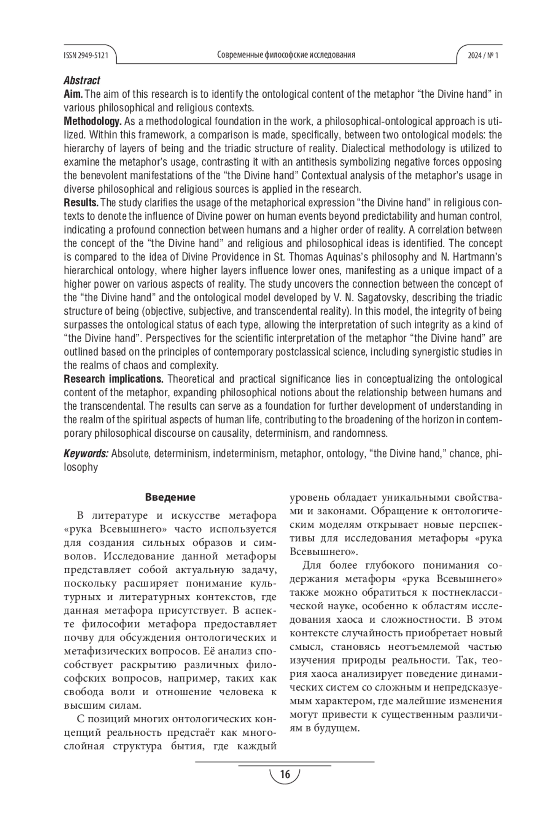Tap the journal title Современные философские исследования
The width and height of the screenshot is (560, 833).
(x=286, y=55)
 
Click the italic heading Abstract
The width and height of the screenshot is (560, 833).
(x=82, y=81)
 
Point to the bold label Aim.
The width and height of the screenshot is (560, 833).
(x=73, y=94)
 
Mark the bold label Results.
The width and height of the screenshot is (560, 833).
(x=81, y=203)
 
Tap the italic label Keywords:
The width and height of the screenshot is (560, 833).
(x=86, y=454)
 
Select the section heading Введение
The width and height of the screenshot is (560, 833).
(x=170, y=497)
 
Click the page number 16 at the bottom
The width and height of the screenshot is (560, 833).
(x=285, y=775)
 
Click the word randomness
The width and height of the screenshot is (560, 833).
(x=359, y=433)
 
